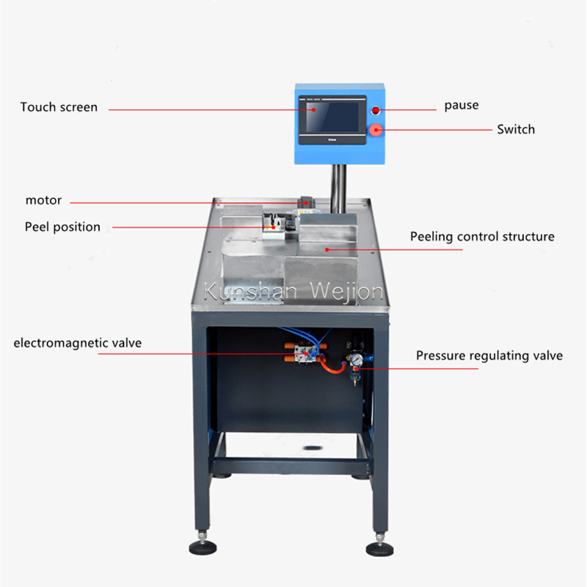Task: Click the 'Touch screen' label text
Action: (59, 107)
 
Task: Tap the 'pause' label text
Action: (462, 106)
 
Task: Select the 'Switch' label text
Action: (516, 130)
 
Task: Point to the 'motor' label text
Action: (43, 200)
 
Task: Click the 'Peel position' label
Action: (62, 227)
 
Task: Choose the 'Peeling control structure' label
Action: (482, 236)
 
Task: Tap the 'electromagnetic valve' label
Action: (78, 343)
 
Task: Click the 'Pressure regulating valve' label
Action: (489, 356)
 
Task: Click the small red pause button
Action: (375, 110)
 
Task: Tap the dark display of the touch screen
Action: (332, 117)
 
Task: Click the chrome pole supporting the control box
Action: (338, 189)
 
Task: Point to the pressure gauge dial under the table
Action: (356, 359)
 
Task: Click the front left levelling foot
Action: (203, 546)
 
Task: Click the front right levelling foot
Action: (379, 547)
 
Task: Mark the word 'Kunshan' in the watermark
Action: (250, 291)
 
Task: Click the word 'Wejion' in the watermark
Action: (346, 292)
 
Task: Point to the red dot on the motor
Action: (306, 203)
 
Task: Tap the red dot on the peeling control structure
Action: (327, 249)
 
